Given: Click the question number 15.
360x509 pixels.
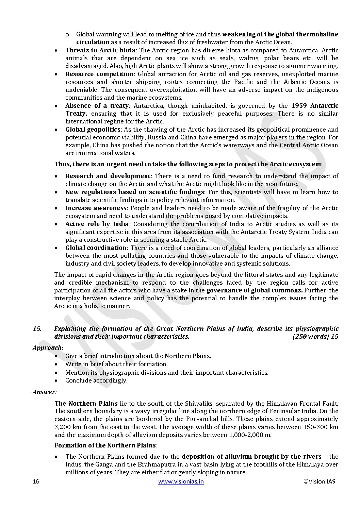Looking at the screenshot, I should (x=37, y=329).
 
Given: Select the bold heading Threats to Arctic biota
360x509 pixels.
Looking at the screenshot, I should (x=100, y=50).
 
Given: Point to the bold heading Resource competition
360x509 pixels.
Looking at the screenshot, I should (x=99, y=74).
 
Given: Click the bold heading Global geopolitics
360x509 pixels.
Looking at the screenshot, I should (x=93, y=130).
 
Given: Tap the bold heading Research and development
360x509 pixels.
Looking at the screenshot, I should (x=108, y=176).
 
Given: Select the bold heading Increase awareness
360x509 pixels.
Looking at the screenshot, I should (x=96, y=208).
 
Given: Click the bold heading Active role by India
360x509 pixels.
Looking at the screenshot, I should (x=97, y=224).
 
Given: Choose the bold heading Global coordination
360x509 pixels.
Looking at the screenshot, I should (x=96, y=248).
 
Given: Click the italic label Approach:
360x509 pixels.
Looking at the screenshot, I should (x=48, y=348).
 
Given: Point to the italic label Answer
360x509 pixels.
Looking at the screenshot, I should (x=44, y=392).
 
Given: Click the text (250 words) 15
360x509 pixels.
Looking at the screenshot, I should (x=315, y=337).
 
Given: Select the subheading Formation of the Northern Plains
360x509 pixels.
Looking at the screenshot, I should (x=105, y=445).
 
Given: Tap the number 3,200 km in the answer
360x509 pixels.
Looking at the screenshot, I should (x=65, y=427).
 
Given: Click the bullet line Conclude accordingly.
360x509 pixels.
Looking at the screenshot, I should (x=96, y=380).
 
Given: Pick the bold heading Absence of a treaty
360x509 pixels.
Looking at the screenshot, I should (x=97, y=106).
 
